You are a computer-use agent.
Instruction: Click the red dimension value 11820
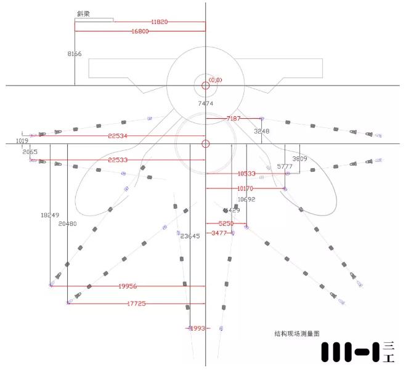coord(159,22)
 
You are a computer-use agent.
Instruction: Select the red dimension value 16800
coord(140,31)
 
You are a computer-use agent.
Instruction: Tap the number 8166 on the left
coord(75,54)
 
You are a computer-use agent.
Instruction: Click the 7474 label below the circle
coord(205,104)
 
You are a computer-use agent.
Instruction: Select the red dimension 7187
coord(234,118)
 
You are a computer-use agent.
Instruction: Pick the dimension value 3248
coord(262,131)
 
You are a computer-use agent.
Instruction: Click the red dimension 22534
coord(118,135)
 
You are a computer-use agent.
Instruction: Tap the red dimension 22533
coord(118,160)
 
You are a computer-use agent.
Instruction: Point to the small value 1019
coord(22,141)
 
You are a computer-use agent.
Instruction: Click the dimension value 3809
coord(299,159)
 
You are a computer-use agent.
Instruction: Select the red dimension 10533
coord(246,174)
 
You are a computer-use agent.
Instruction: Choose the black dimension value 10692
coord(246,199)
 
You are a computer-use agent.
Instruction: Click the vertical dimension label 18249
coord(50,215)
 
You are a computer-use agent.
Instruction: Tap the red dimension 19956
coord(128,286)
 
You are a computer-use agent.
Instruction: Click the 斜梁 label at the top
coord(92,13)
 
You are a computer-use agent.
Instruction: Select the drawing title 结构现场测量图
coord(297,333)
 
